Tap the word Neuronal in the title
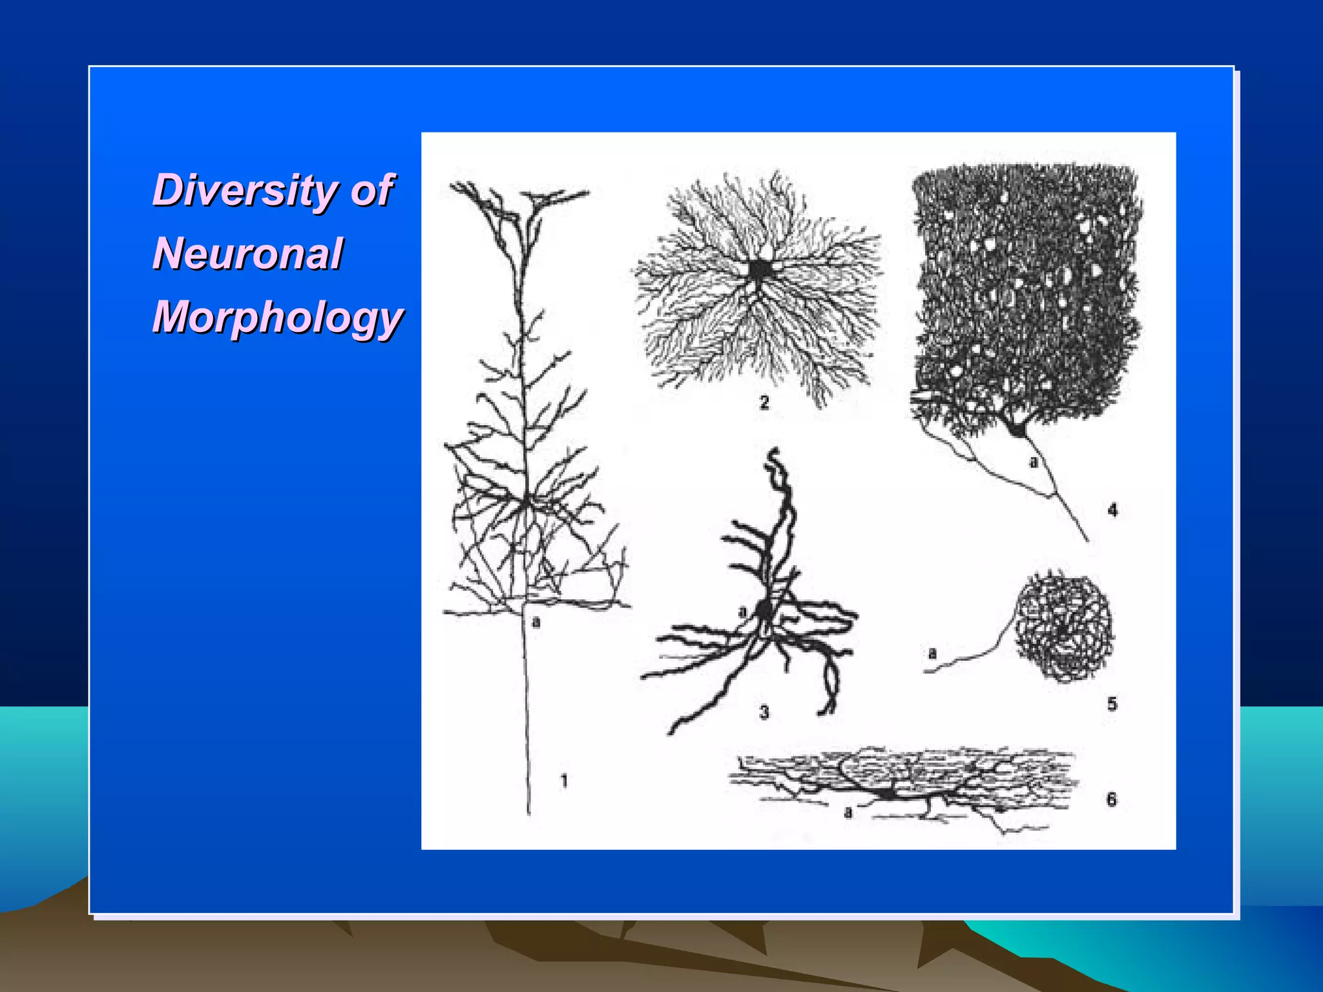[x=247, y=253]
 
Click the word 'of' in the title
[x=371, y=190]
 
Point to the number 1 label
[x=564, y=781]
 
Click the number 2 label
[x=764, y=402]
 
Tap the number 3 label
[x=764, y=712]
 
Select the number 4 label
[x=1112, y=510]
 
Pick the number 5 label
[x=1112, y=703]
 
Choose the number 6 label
[x=1111, y=800]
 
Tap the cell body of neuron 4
[x=1018, y=428]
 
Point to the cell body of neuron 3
[x=765, y=610]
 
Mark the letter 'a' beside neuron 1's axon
[x=536, y=622]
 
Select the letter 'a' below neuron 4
[x=1033, y=462]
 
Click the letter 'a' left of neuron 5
[x=932, y=654]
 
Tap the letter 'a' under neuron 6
[x=848, y=812]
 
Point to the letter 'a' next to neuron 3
[x=742, y=611]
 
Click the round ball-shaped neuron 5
[x=1063, y=626]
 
